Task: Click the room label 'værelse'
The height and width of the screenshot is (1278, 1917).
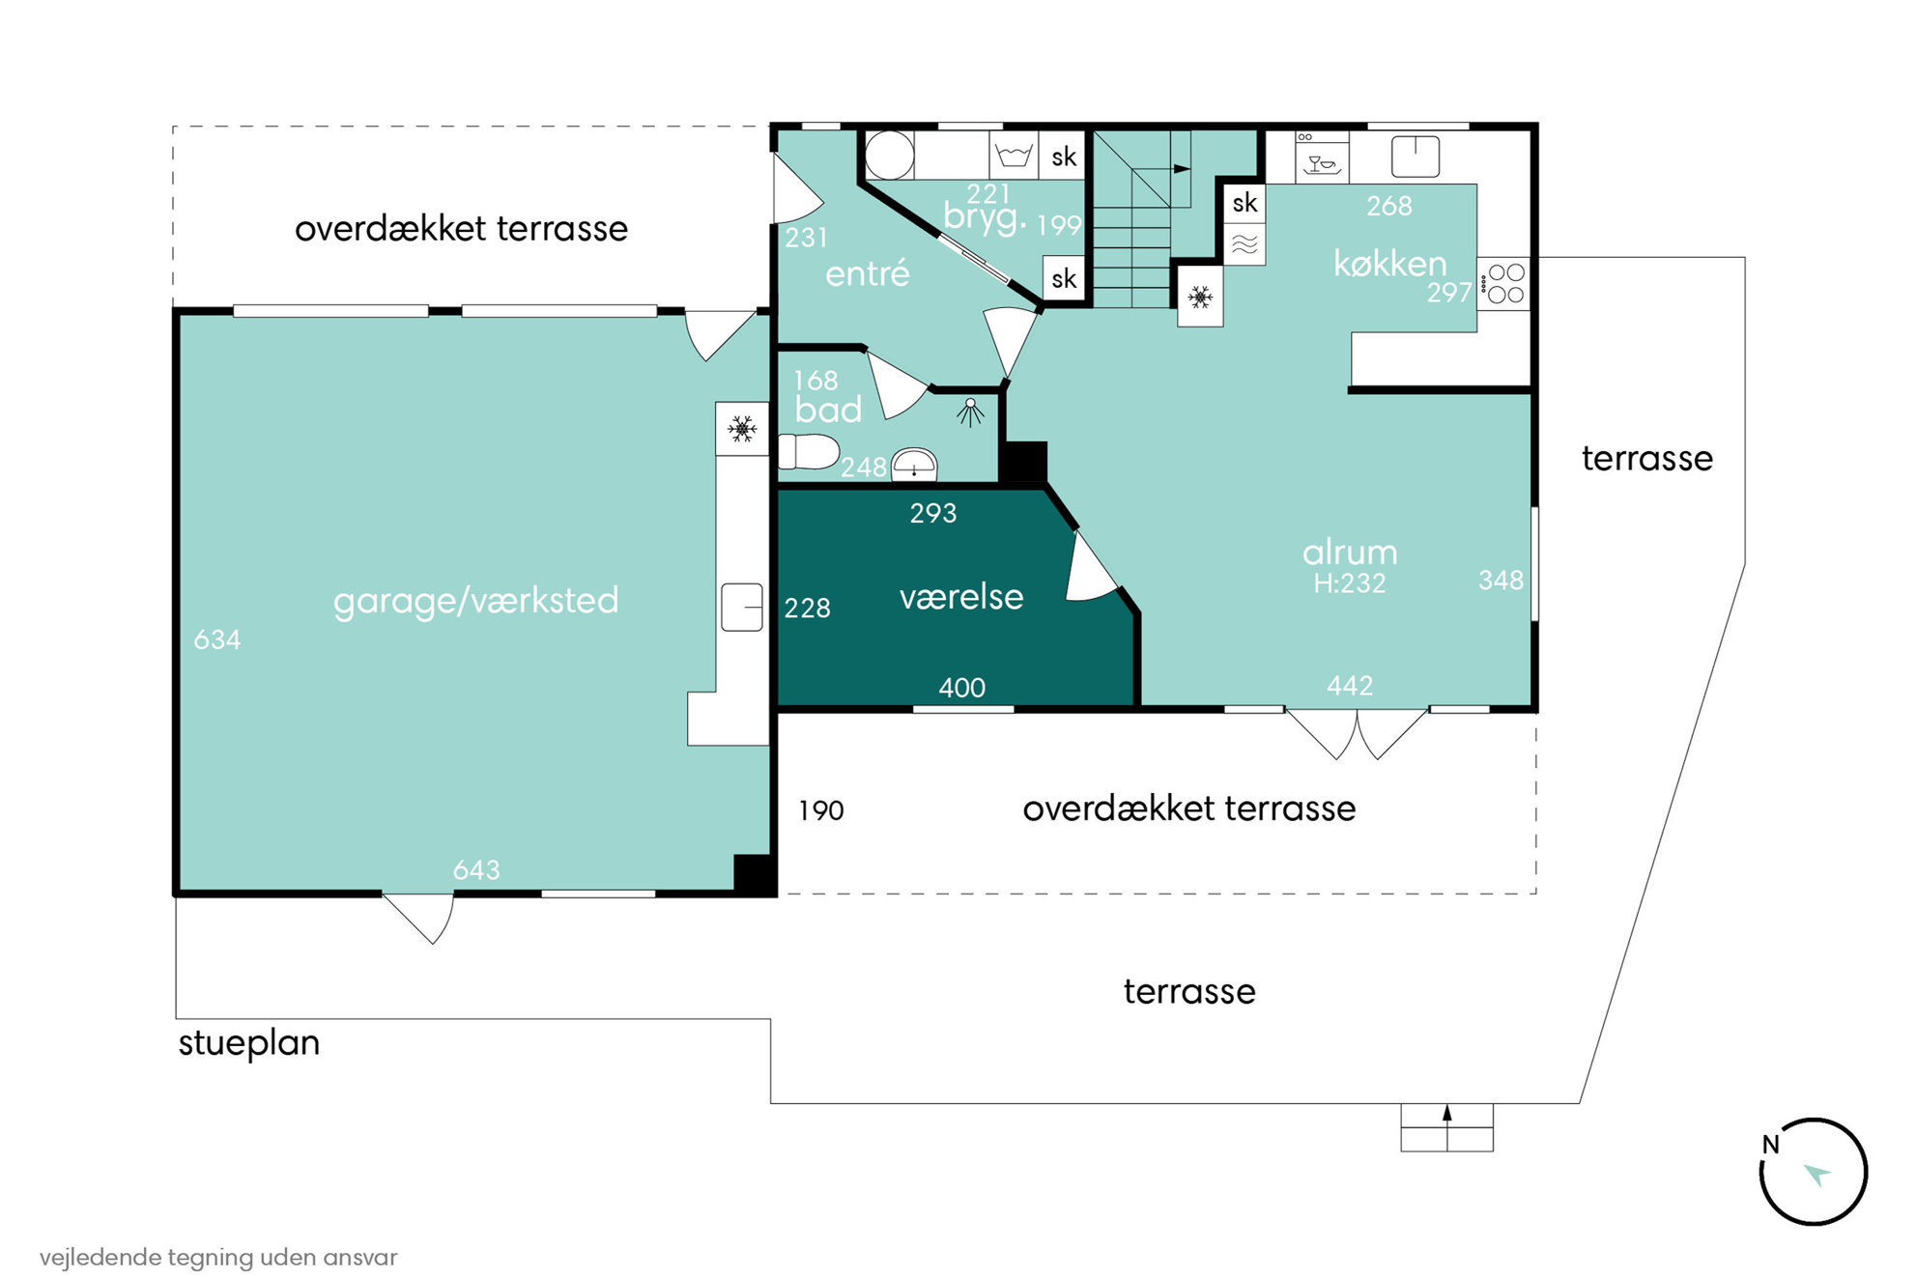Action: (x=961, y=597)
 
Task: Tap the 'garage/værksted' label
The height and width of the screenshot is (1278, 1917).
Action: (x=475, y=601)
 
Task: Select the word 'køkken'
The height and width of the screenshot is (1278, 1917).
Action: (x=1389, y=263)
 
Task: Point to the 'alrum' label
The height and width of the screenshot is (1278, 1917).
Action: (x=1350, y=552)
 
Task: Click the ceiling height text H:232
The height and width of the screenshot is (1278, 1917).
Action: (x=1350, y=583)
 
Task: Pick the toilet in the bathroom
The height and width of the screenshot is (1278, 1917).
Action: (x=809, y=451)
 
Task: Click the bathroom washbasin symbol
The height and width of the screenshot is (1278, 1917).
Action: (x=914, y=464)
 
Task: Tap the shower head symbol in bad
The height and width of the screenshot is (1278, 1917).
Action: (x=970, y=412)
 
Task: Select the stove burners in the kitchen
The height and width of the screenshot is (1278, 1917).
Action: (x=1505, y=283)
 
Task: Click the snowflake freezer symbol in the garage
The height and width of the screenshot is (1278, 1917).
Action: (x=742, y=428)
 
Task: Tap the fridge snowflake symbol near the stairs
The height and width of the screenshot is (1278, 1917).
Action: (x=1200, y=297)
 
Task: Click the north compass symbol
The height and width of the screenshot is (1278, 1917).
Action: (x=1813, y=1172)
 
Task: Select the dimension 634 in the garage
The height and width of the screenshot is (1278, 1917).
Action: (x=217, y=639)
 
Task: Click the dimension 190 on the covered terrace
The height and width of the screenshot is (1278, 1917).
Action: (x=821, y=810)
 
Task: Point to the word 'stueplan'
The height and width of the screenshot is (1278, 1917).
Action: (x=249, y=1044)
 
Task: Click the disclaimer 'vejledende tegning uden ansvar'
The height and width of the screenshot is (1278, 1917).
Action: (x=218, y=1257)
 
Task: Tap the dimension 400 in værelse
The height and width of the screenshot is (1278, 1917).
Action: (x=962, y=688)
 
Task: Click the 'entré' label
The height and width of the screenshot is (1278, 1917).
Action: (x=868, y=273)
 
